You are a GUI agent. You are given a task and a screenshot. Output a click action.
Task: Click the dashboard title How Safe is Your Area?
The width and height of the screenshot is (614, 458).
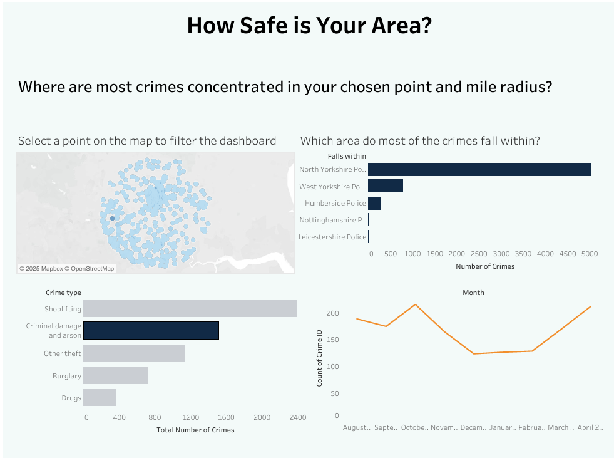(309, 26)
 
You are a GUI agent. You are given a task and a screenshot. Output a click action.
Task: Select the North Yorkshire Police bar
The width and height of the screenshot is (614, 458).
(479, 169)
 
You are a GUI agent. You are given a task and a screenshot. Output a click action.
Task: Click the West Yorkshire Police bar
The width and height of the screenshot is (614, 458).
(385, 186)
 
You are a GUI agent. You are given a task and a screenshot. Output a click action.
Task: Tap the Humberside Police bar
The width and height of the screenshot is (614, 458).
(374, 203)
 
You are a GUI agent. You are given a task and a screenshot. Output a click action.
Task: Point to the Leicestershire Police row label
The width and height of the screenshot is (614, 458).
(332, 237)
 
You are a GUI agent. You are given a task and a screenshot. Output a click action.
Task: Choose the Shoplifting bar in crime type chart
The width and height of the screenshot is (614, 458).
(190, 309)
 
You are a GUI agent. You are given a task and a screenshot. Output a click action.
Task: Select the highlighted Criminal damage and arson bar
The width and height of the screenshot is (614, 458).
(151, 331)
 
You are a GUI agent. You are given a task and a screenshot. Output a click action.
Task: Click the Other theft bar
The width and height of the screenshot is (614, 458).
(133, 353)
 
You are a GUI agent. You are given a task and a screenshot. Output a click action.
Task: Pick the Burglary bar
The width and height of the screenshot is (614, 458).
(115, 376)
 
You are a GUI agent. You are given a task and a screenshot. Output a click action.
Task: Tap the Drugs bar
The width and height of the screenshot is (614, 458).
(99, 398)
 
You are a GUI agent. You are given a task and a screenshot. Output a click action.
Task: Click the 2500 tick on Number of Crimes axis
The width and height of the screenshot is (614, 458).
(479, 254)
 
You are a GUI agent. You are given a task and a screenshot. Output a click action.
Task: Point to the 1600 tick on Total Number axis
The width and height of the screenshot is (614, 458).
(226, 417)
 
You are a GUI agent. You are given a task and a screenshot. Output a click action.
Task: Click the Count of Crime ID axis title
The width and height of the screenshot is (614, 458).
(320, 357)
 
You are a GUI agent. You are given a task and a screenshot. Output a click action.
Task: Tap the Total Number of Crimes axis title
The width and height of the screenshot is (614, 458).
(195, 430)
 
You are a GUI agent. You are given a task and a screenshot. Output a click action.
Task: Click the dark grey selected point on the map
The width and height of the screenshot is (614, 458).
(112, 218)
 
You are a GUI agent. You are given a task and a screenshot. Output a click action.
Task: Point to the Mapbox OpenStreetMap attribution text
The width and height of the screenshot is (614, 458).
(66, 269)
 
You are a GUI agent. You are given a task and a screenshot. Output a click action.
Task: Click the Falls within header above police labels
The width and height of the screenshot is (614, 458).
(347, 156)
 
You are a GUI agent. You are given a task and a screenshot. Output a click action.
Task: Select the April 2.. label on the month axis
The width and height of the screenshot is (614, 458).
(590, 427)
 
